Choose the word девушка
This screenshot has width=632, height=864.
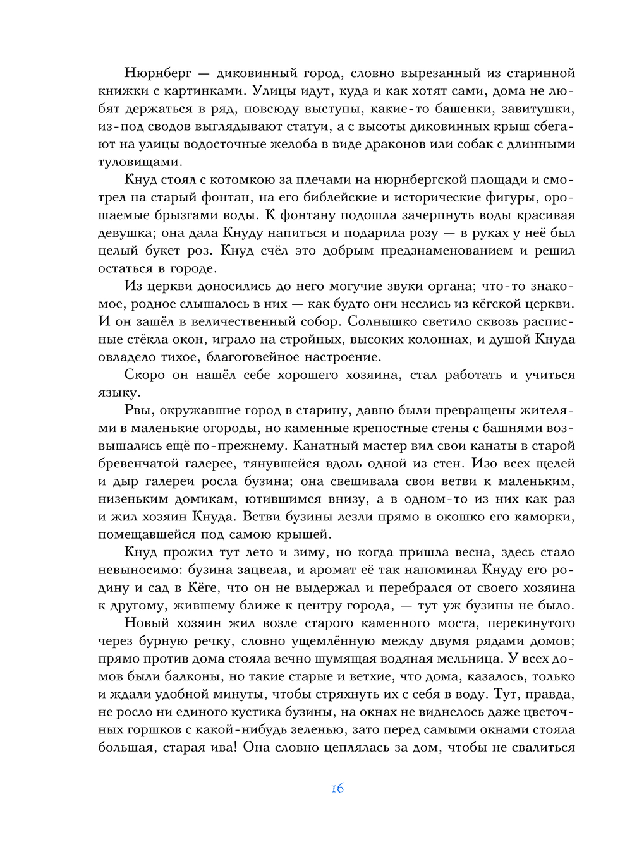125,233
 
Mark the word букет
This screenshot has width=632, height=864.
166,251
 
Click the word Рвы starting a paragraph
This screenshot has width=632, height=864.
138,411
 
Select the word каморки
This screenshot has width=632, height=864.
547,517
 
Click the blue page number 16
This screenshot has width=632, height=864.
337,789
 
